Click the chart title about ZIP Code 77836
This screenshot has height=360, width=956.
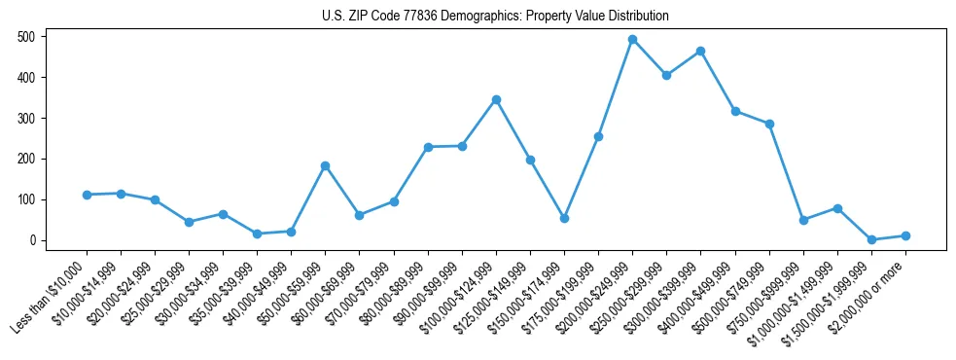[x=495, y=17]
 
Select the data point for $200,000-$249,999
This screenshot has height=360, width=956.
[x=632, y=40]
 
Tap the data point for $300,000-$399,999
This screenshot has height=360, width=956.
[x=700, y=51]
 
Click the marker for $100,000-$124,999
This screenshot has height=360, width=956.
[x=496, y=99]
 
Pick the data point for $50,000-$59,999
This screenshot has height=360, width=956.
[x=325, y=165]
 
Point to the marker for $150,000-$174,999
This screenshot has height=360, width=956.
[x=564, y=218]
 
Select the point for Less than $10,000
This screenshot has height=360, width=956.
[x=87, y=195]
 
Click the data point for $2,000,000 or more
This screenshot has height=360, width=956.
[x=905, y=235]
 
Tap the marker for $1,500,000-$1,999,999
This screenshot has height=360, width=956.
[x=871, y=239]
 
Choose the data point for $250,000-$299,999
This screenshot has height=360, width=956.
[x=666, y=75]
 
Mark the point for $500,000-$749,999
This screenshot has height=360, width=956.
[x=769, y=124]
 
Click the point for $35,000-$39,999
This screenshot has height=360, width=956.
[x=257, y=234]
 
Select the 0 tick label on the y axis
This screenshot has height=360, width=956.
[x=33, y=240]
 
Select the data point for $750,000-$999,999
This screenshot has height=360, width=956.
[x=803, y=220]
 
